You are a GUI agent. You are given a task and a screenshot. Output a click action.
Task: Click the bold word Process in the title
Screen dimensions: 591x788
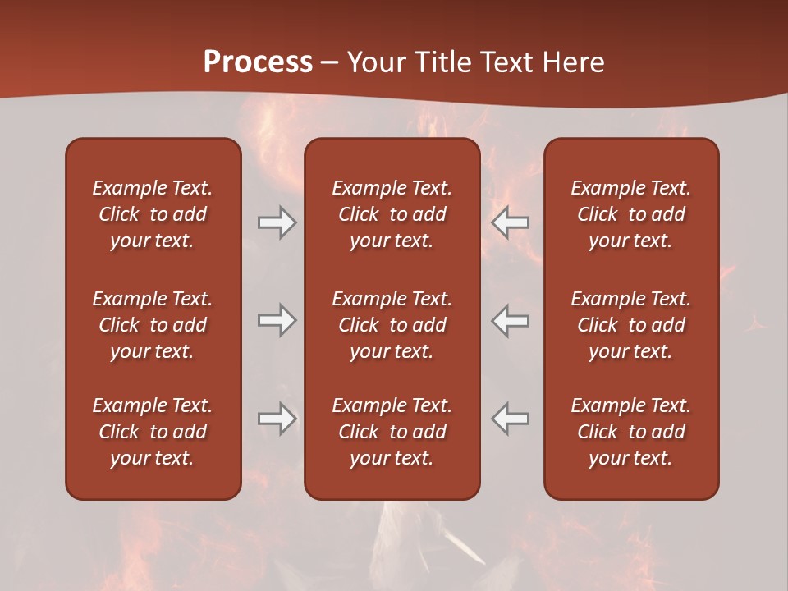[x=258, y=62]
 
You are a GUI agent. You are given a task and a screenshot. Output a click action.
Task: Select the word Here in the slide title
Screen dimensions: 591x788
[x=574, y=62]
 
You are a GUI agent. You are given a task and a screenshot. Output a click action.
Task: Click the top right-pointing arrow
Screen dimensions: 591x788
[x=277, y=222]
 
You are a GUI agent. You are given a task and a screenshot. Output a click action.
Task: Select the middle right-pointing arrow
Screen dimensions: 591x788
[x=277, y=320]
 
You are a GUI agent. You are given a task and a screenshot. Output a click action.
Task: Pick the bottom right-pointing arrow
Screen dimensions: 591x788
[x=277, y=419]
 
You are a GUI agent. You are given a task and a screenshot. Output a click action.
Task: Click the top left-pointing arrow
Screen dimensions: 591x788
[x=511, y=222]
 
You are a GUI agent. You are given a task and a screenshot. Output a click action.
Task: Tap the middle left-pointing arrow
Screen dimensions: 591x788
[x=511, y=320]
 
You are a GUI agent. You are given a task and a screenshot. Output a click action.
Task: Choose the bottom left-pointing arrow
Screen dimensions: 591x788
[x=511, y=419]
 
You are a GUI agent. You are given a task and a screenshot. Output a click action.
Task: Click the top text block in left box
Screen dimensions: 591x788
[x=153, y=214]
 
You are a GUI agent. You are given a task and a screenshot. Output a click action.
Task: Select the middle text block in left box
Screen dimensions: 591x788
[x=153, y=325]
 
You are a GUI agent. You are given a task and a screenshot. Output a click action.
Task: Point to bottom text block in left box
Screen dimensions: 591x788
[x=153, y=432]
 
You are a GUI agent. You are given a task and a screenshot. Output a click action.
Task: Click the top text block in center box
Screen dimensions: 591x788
[x=392, y=214]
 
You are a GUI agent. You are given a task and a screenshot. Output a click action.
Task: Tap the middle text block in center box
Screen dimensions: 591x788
[x=392, y=325]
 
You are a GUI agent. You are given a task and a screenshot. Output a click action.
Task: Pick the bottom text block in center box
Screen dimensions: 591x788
[x=392, y=432]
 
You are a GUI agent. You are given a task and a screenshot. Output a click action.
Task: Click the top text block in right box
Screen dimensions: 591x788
[x=630, y=214]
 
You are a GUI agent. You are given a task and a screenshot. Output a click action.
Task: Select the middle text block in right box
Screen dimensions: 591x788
[x=630, y=325]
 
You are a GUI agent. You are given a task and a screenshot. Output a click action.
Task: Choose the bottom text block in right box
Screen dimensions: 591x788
[x=630, y=432]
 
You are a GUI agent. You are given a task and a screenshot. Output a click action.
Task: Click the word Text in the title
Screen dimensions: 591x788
[x=506, y=62]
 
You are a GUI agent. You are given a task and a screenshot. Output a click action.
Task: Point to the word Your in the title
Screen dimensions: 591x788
[x=375, y=62]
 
